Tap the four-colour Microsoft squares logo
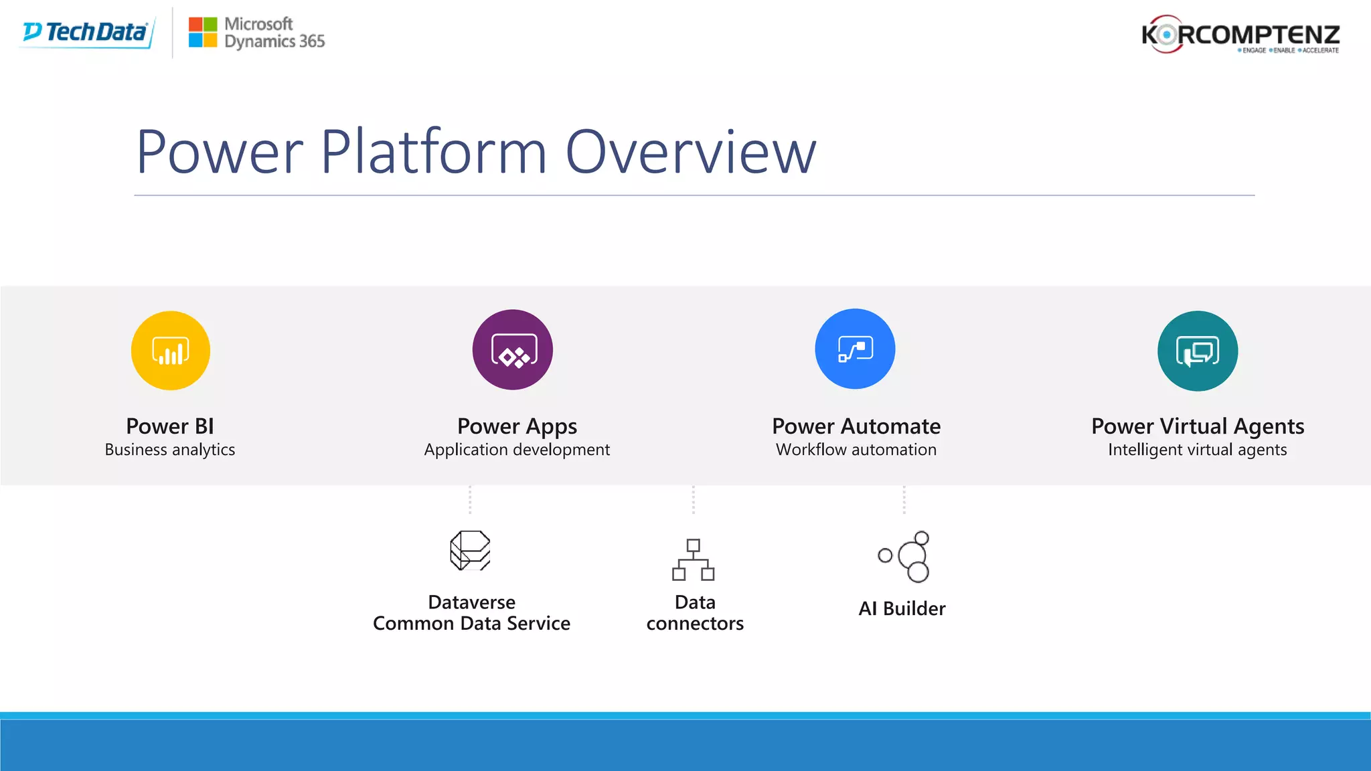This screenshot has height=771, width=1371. [x=202, y=32]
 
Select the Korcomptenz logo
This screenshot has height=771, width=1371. [x=1240, y=34]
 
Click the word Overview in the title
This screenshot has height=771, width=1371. [x=691, y=153]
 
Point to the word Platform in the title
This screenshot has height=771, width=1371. [x=434, y=153]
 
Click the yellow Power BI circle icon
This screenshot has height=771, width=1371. [x=171, y=351]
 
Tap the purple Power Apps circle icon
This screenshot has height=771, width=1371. [x=513, y=350]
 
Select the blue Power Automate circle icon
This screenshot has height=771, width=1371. [x=855, y=349]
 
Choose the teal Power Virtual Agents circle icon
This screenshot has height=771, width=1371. [x=1198, y=351]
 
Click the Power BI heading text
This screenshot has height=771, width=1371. [x=170, y=426]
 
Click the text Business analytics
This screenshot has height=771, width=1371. [x=170, y=450]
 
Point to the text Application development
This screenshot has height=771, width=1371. [x=517, y=450]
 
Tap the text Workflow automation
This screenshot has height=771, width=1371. [x=856, y=450]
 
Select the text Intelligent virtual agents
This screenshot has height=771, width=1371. [x=1198, y=450]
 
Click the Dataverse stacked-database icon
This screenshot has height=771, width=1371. [x=470, y=551]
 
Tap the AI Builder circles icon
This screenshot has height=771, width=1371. [x=905, y=557]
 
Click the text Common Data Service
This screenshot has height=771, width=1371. [x=471, y=624]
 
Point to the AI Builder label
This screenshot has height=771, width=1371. [x=902, y=608]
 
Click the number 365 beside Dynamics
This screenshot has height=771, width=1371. [x=312, y=41]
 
